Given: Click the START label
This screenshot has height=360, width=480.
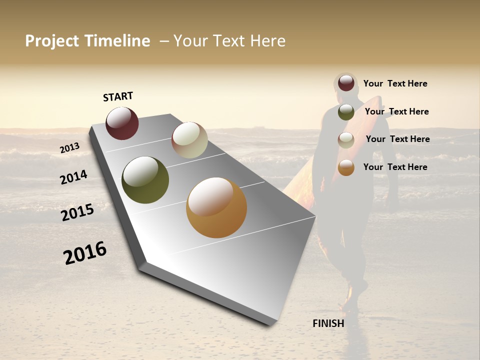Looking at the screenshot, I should pos(118,96).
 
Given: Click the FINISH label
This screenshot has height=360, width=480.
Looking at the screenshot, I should pos(328,323).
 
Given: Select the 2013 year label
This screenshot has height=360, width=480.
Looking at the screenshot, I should pos(69,147).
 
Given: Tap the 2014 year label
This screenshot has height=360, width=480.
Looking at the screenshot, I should pos(73,177).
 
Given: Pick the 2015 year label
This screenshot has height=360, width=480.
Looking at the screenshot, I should pos(77,212).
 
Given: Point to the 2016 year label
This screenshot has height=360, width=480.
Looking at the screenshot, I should pos(85,252).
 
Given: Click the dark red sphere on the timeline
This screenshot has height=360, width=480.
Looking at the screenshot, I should pos(122,123).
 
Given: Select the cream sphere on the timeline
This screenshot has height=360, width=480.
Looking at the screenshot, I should pos(189,140).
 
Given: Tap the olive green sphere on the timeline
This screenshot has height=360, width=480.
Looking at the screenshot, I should pos(145,180).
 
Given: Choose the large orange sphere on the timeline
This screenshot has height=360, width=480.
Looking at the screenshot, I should pos(216,207).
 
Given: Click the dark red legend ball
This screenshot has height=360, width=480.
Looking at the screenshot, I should pos(346,83).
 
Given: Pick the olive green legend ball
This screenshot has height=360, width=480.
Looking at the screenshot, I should pos(346,112).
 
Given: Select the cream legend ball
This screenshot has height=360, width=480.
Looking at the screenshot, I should pos(346,140).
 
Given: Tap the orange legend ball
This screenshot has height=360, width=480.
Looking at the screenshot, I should pos(346,167).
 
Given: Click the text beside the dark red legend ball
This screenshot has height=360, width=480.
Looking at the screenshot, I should pos(395,84).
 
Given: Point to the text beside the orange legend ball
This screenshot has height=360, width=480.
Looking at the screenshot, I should pos(395,167).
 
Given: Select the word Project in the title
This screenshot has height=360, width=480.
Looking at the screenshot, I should pos(52,41).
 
